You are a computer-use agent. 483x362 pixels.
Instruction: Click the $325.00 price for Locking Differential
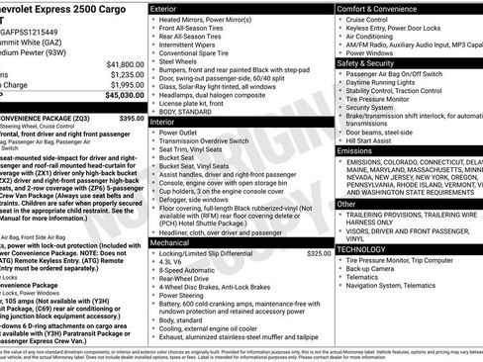coord(318,254)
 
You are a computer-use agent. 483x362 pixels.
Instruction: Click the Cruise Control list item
coord(371,19)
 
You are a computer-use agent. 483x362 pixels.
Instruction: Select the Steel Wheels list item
coord(177,61)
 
